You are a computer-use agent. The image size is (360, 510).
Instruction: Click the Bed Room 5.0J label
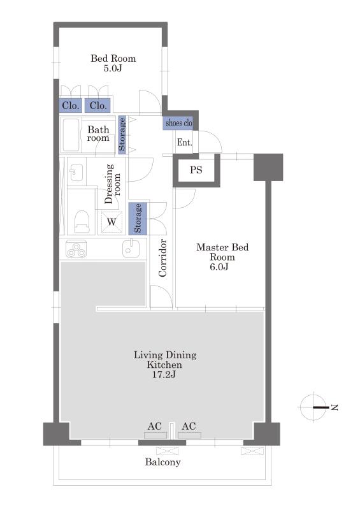point(113,63)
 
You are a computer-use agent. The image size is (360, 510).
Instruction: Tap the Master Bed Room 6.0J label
point(222,257)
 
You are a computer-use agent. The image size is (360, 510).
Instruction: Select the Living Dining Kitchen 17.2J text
point(165,364)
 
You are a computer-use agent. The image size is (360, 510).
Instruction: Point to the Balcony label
point(162,462)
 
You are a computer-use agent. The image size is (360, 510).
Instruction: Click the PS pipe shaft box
point(196,170)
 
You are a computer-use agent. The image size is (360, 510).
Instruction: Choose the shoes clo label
point(179,123)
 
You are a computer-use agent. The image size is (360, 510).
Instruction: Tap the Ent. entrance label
point(184,142)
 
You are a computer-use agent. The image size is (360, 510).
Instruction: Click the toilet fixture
point(82,221)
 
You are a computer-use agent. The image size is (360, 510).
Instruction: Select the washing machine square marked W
point(112,222)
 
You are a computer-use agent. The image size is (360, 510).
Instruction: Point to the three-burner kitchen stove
point(76,249)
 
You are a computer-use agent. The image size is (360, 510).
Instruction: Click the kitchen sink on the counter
point(131,249)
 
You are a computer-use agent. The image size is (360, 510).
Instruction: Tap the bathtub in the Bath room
point(71,135)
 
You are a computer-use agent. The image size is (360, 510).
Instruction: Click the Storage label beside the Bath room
point(122,135)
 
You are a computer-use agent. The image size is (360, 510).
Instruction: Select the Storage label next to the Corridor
point(138,218)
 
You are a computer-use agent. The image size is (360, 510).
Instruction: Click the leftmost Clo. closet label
point(71,105)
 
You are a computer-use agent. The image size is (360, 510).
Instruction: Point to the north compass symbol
point(313,407)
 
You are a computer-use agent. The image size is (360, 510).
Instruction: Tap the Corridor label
point(162,258)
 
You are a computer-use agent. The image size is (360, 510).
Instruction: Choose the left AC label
point(154,426)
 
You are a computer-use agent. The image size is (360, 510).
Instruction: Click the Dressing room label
point(113,184)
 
